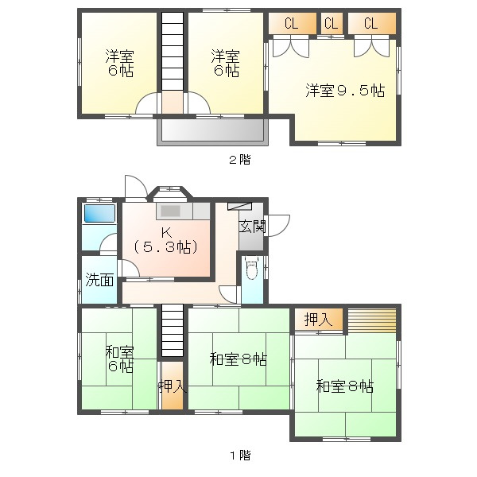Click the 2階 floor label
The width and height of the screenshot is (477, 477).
coord(239,160)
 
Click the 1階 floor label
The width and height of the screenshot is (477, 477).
coord(239,456)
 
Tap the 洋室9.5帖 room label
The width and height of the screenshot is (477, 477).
coord(345,91)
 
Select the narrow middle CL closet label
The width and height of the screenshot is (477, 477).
coord(332,23)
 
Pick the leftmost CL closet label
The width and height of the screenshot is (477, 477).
coord(291,23)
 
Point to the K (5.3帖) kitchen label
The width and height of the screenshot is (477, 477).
coord(166,239)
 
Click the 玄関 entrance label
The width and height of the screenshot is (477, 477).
coord(253,226)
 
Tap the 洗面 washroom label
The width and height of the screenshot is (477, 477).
coord(99,280)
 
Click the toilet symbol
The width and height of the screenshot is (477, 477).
coord(252,270)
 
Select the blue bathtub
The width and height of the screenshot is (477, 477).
coord(99,214)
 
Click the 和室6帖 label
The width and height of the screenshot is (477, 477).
coord(120,359)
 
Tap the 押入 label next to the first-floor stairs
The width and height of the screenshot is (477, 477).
coord(172,387)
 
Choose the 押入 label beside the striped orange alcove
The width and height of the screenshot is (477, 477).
coord(319,320)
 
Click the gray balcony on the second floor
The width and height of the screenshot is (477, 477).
coord(210,131)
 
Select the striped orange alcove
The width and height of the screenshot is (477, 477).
coord(371,319)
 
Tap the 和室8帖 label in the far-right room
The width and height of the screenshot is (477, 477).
coord(345,387)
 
